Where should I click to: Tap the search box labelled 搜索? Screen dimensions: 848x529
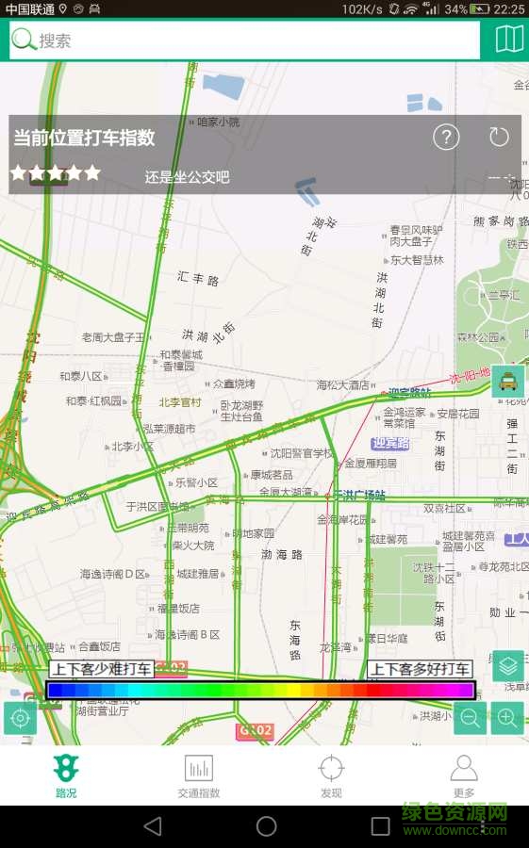click(x=245, y=41)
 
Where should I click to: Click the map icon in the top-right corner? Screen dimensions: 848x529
click(x=509, y=40)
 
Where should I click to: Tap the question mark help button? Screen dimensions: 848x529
click(x=446, y=138)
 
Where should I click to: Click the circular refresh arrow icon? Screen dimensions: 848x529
click(x=499, y=138)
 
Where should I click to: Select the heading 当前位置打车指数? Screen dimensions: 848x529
click(x=84, y=138)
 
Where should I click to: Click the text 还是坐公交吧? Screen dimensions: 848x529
click(x=187, y=177)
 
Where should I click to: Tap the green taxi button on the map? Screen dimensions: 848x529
click(x=508, y=382)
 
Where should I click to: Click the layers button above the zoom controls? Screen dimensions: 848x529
click(x=508, y=666)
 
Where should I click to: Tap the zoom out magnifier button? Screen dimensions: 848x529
click(x=471, y=718)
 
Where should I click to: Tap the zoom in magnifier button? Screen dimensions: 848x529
click(x=507, y=718)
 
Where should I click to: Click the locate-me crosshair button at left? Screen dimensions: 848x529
click(x=20, y=718)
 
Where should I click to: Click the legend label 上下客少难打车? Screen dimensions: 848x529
click(x=101, y=670)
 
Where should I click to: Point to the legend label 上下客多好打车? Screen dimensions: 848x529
click(x=420, y=670)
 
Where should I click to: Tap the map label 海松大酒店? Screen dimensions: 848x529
click(x=343, y=384)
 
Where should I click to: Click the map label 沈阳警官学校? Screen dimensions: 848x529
click(x=301, y=453)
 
